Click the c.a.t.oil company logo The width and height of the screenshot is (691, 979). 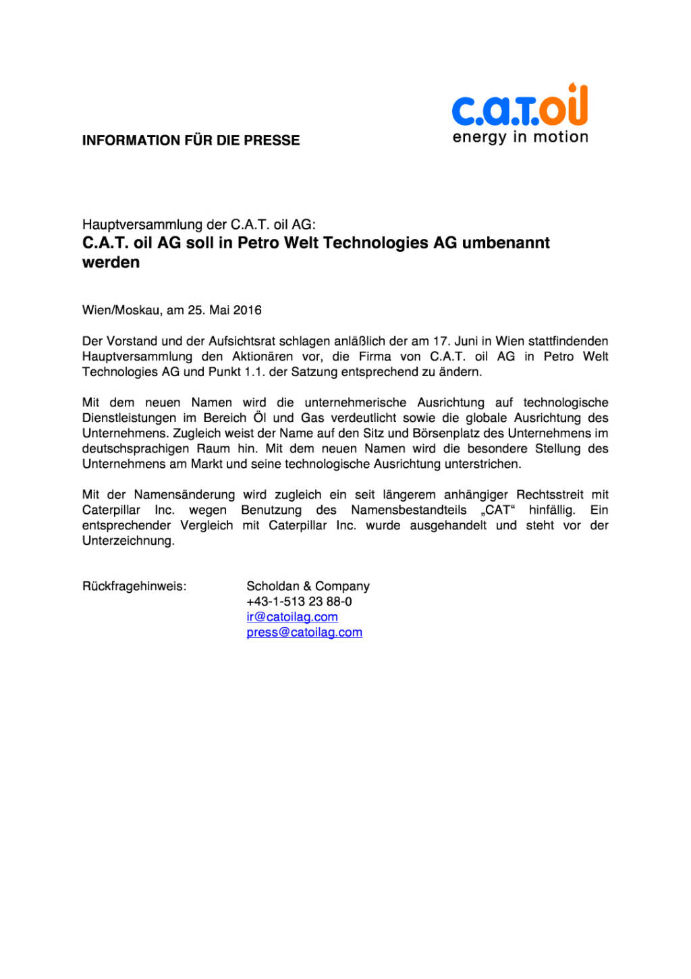(520, 107)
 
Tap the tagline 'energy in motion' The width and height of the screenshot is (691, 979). (520, 137)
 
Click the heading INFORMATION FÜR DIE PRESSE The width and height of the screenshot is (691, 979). (191, 140)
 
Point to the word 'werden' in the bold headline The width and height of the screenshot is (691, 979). (111, 263)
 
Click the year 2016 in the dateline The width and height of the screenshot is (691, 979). (247, 311)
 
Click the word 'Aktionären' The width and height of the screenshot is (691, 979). (262, 356)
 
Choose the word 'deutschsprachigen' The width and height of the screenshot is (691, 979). (135, 449)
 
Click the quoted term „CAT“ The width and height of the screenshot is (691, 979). (497, 510)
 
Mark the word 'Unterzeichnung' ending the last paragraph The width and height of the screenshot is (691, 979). (128, 541)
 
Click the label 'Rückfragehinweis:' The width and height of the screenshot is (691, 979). (134, 586)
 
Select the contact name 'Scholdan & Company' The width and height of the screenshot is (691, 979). (308, 586)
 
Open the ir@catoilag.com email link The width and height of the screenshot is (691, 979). (292, 617)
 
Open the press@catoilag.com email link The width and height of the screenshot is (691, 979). (304, 633)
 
